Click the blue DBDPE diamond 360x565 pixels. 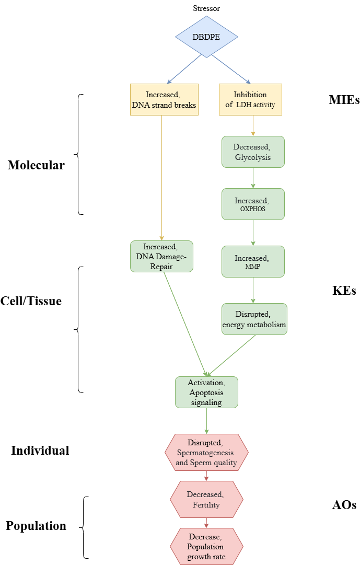coord(206,38)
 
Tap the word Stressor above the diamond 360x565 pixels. coord(206,9)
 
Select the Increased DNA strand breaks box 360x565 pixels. coord(164,99)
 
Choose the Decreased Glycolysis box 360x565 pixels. coord(253,152)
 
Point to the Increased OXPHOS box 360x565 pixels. coord(253,204)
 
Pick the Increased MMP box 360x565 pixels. coord(253,261)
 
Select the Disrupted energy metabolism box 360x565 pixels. coord(254,319)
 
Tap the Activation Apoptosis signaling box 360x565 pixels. coord(206,392)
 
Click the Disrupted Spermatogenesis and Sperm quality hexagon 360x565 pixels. coord(206,452)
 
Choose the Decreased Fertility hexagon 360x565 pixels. coord(206,500)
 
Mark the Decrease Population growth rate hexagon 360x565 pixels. coord(206,546)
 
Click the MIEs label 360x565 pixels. coord(344,100)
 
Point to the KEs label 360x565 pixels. coord(344,291)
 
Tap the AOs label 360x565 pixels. coord(344,505)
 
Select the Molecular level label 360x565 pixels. coord(36,165)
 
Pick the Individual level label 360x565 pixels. coord(40,451)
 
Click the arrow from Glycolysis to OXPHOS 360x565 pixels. coord(253,178)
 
